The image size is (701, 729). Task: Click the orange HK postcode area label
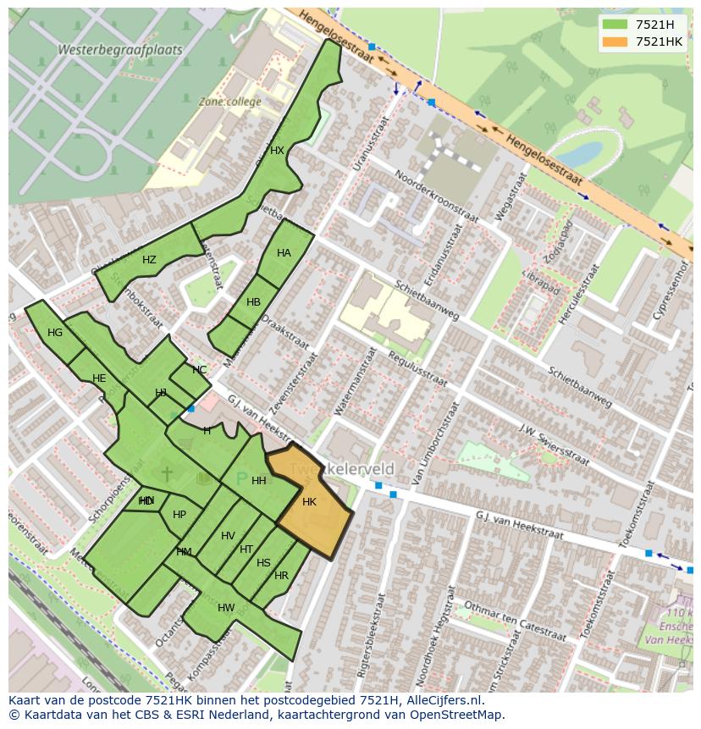click(309, 502)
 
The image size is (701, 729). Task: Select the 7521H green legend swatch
click(615, 25)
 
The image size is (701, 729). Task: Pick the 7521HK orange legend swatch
click(615, 41)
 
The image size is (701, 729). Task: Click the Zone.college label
click(229, 102)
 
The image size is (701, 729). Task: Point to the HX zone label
click(277, 151)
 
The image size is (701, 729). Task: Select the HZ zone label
click(149, 260)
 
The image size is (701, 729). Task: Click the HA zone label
click(284, 253)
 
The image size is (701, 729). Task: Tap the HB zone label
click(253, 302)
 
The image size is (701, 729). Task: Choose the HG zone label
click(55, 333)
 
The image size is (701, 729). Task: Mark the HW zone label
click(226, 608)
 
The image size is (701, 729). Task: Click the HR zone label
click(281, 576)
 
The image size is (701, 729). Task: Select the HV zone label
click(228, 536)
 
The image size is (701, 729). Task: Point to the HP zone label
click(179, 515)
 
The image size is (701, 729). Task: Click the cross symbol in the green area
click(167, 473)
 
